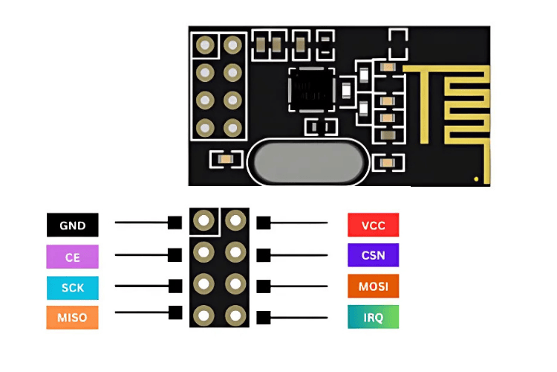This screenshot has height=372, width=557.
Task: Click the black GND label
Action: point(72,225)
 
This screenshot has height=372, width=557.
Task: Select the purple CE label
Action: point(72,257)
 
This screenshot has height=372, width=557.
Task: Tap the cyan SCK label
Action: point(72,287)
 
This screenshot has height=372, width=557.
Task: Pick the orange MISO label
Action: point(72,318)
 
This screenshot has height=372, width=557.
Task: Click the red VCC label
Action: point(373,225)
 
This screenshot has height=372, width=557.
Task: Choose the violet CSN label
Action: point(373,255)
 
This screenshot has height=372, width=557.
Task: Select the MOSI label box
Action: point(373,286)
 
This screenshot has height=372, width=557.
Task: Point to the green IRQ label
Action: point(373,317)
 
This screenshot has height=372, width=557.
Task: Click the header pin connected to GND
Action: point(203,220)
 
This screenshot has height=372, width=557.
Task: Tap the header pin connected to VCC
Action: point(235,220)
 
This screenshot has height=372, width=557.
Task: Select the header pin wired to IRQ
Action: point(235,315)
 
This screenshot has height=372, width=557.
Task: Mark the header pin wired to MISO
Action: point(203,315)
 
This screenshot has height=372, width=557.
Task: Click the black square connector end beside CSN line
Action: point(263,254)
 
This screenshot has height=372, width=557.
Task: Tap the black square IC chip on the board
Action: point(310,89)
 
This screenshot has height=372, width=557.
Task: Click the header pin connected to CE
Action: point(203,252)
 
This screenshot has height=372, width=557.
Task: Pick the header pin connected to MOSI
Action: point(235,284)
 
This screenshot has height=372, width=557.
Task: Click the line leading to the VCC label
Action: point(297,222)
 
